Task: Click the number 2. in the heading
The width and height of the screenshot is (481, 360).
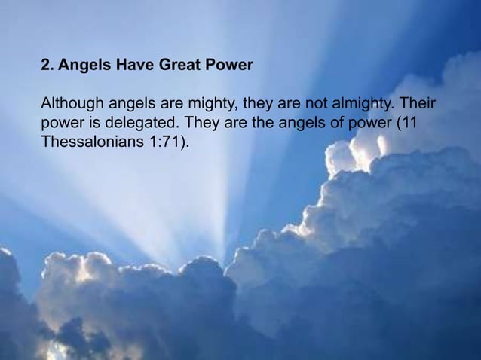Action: tap(47, 66)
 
